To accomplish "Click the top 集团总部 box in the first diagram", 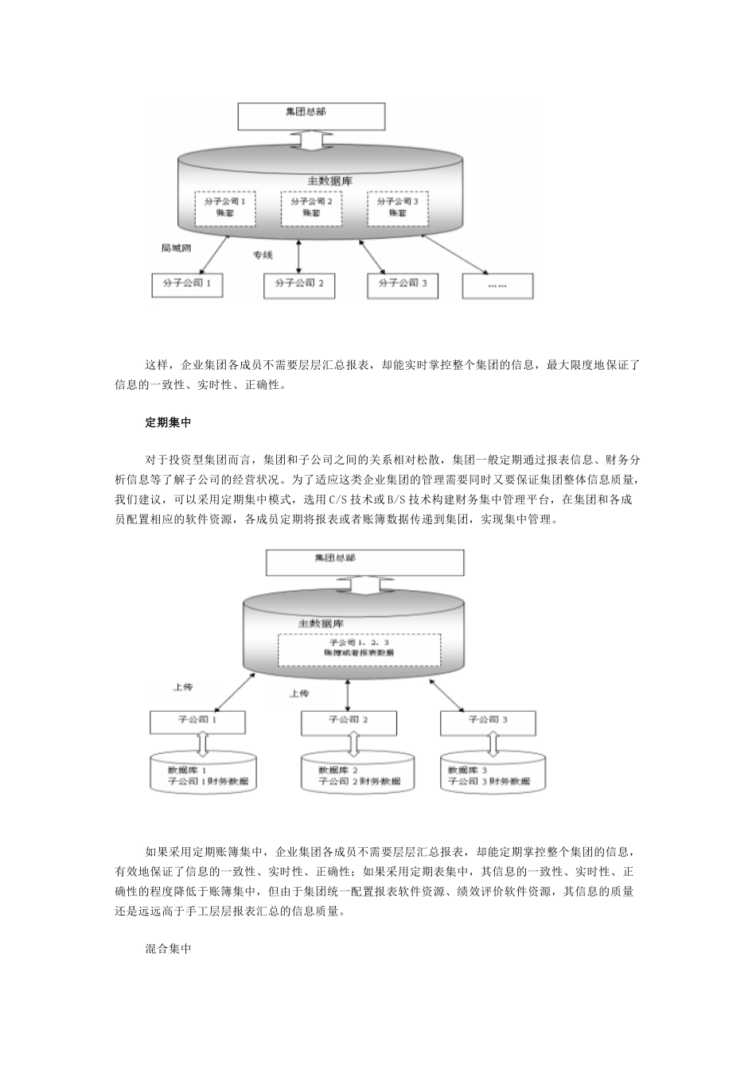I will pos(312,115).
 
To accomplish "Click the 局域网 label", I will pos(176,248).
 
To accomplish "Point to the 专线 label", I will pos(263,255).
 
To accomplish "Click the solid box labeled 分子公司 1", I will pos(187,285).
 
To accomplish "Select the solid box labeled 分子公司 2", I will pos(299,285).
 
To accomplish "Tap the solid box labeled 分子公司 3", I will pos(403,285).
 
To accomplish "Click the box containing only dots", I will pos(497,285).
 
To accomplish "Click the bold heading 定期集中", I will pos(168,422).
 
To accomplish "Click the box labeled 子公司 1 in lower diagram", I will pos(199,721).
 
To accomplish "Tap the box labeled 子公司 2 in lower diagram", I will pos(349,721).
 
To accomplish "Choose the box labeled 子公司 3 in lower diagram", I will pos(489,721).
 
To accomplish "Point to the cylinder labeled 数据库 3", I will pos(494,774).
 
